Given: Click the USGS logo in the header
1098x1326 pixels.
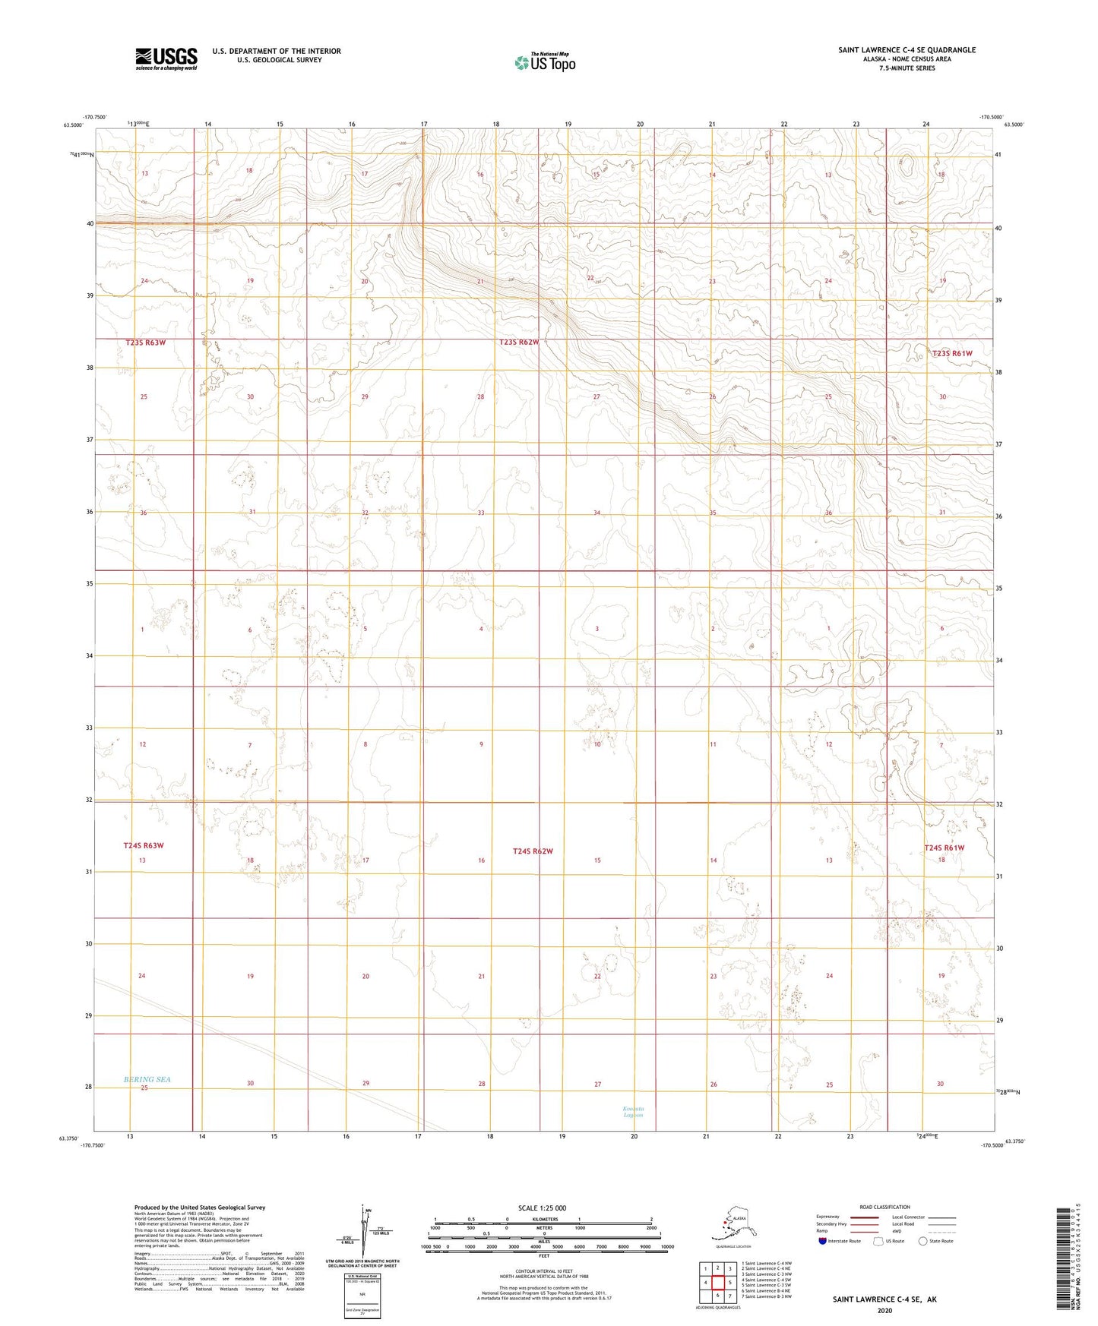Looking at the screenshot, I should [x=166, y=58].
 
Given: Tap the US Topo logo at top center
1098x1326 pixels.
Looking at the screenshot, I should [x=545, y=62].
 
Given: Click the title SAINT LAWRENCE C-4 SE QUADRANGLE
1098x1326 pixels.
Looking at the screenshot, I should [x=907, y=50].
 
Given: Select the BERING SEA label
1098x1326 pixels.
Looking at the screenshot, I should [x=147, y=1079].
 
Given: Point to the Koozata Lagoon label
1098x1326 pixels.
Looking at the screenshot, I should [x=633, y=1112].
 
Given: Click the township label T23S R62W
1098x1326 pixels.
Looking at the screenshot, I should [x=519, y=343].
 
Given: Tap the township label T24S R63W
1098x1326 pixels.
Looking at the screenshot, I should [x=144, y=845].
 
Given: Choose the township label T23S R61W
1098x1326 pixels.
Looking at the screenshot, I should [x=952, y=353].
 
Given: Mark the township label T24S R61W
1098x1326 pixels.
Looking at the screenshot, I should [x=944, y=848].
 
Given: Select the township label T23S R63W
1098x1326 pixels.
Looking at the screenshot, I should [x=145, y=343].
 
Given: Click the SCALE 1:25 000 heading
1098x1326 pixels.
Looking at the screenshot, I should [x=543, y=1208].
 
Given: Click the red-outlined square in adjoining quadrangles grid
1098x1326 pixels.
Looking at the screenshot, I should [x=717, y=1283].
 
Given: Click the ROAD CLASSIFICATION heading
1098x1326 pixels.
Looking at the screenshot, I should [x=884, y=1207].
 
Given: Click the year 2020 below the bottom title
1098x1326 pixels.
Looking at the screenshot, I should [x=884, y=1310].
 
